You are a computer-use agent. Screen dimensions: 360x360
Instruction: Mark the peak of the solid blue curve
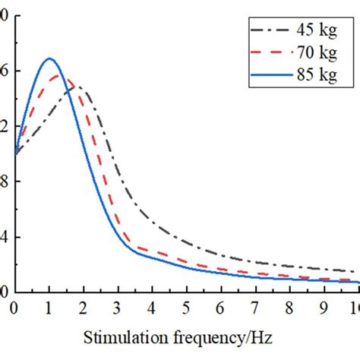click(50, 58)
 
